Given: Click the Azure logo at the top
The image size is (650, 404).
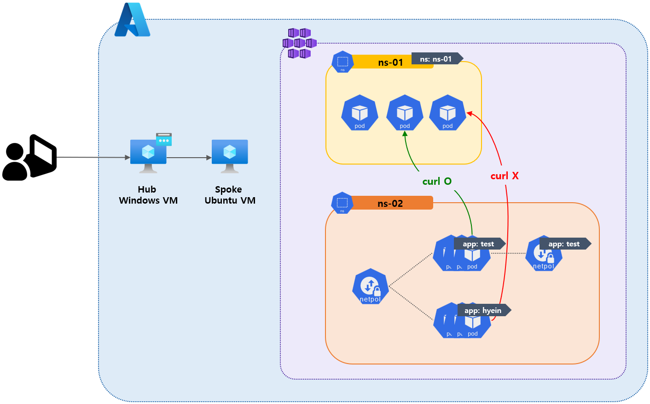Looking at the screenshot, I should click(132, 20).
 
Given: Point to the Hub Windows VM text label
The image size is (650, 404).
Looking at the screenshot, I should click(148, 195).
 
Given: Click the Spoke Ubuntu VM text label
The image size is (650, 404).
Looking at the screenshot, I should click(230, 195).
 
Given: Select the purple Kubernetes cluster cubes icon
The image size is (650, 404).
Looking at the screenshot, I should click(299, 43).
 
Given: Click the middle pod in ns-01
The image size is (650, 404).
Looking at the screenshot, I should click(405, 113).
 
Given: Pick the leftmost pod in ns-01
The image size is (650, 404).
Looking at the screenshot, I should click(360, 113).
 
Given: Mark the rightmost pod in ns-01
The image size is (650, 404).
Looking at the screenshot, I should click(447, 113).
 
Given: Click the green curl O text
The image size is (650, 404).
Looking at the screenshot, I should click(437, 182).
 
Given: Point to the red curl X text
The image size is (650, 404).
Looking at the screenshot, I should click(505, 176).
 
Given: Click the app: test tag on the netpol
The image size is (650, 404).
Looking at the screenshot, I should click(564, 244).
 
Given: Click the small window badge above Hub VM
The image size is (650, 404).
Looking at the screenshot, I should click(164, 139).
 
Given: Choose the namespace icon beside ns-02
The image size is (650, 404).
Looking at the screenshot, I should click(342, 203).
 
